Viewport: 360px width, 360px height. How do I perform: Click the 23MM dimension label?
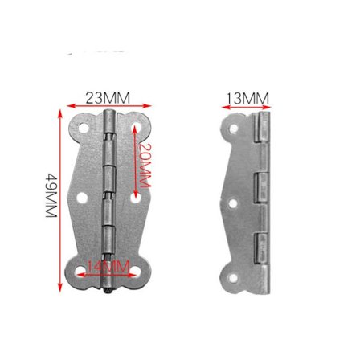tap(108, 97)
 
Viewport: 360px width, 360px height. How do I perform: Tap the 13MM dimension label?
tap(247, 98)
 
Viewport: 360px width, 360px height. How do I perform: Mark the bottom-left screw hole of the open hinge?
tap(84, 271)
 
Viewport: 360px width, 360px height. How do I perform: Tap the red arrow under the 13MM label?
tap(247, 107)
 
